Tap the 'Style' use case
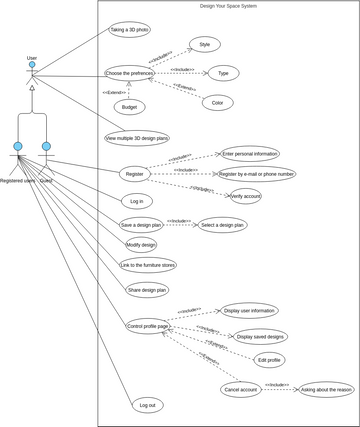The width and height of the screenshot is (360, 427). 205,45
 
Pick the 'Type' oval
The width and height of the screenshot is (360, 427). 223,73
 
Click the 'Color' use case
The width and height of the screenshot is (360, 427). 217,102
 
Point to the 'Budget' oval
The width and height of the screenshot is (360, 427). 127,107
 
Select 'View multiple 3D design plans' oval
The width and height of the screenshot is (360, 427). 137,138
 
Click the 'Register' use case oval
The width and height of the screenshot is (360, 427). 135,174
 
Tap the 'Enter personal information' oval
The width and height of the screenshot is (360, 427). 251,154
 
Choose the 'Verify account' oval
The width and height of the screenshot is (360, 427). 246,196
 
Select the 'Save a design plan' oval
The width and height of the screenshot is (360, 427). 141,225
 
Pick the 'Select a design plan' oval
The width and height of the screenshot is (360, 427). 221,225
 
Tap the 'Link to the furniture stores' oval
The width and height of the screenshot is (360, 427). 148,265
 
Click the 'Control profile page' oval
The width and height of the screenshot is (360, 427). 148,326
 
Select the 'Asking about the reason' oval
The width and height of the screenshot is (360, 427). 326,389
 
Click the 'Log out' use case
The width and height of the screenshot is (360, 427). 147,405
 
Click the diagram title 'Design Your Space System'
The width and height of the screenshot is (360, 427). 228,6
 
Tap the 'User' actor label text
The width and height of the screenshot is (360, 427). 32,58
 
